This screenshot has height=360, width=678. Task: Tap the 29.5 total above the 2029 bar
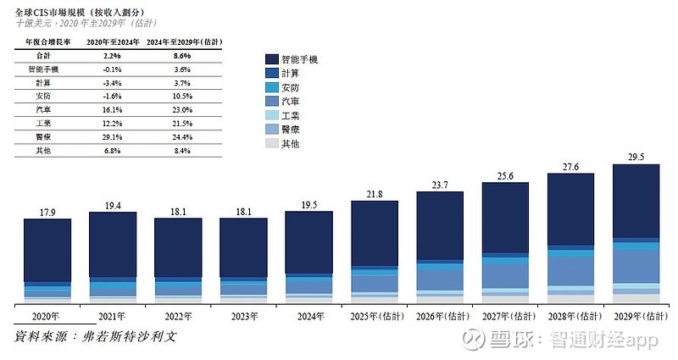(636, 157)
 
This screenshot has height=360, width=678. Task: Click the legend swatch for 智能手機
(271, 59)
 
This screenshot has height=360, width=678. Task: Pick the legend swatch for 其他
(271, 144)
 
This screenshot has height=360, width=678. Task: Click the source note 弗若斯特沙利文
(131, 337)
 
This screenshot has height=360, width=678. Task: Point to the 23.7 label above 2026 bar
(440, 185)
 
